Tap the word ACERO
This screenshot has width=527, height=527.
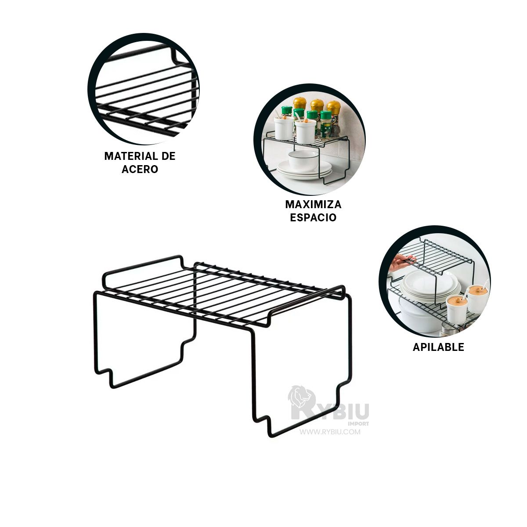coord(140,170)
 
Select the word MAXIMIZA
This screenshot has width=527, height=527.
coord(313,204)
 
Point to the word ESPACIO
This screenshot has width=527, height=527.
coord(313,217)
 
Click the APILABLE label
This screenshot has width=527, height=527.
coord(438,347)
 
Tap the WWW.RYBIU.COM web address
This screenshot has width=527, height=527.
coord(330,432)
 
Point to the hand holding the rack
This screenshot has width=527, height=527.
coord(401,263)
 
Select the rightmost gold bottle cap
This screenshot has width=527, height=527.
coord(334,106)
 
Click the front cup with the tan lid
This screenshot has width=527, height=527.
coord(456,310)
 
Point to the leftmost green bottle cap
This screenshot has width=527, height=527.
coord(287,110)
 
